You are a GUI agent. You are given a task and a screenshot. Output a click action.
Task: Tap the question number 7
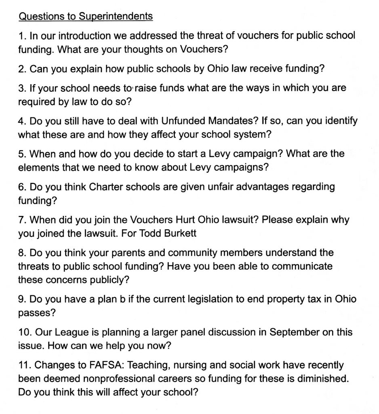(22, 220)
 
